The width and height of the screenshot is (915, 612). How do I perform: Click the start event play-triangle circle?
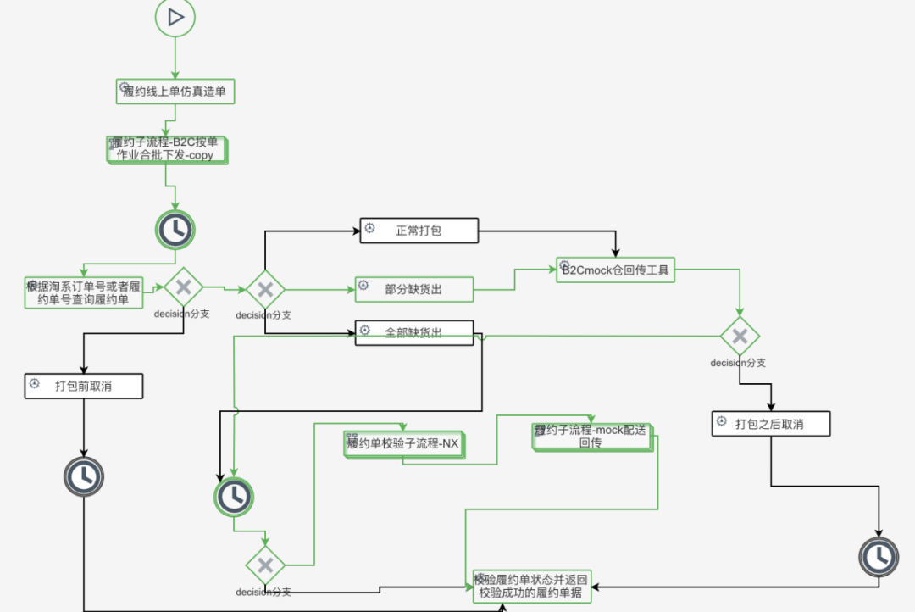(x=175, y=17)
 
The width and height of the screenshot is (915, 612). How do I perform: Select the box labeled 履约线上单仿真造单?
(x=175, y=92)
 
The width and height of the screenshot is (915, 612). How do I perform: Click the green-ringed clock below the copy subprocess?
(x=175, y=229)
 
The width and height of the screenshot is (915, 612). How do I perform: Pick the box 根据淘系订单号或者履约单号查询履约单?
(x=84, y=292)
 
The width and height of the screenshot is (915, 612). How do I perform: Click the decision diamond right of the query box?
(x=183, y=288)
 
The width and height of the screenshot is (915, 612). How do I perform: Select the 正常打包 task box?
(x=419, y=231)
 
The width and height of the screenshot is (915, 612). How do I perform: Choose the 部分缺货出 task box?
(x=413, y=289)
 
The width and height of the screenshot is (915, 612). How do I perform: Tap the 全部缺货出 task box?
(x=413, y=333)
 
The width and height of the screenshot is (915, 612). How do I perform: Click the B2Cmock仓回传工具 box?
(x=616, y=270)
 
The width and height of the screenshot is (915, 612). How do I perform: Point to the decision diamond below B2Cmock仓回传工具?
(x=740, y=337)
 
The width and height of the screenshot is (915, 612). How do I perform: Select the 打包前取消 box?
(x=83, y=387)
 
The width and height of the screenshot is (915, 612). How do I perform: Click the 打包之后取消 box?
(x=769, y=424)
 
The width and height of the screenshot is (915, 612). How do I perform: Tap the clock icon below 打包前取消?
(x=83, y=477)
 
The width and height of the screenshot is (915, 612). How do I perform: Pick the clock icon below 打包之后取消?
(x=879, y=556)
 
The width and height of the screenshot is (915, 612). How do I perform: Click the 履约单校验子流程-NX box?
(x=404, y=443)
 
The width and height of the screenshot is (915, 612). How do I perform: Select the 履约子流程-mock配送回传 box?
(x=591, y=436)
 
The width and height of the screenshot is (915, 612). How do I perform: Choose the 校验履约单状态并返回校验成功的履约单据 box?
(x=531, y=586)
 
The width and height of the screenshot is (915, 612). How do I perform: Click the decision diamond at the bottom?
(x=265, y=565)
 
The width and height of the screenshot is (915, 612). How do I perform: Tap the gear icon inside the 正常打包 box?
(x=370, y=229)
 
